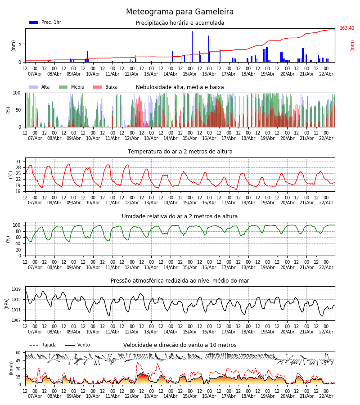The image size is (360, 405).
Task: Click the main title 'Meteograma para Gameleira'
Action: point(180,12)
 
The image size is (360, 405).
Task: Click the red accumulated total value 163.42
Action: point(347,28)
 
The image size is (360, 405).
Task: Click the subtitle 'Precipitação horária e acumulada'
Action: point(180,23)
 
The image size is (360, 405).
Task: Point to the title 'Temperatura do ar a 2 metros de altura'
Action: point(180,152)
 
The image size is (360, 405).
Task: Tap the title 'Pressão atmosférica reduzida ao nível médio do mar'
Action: point(180,281)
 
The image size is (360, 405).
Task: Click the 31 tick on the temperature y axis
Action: point(18,162)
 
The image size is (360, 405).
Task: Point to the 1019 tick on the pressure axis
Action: point(16,289)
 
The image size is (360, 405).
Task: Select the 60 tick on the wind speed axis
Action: point(18,353)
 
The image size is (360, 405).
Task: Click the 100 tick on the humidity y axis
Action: point(17,225)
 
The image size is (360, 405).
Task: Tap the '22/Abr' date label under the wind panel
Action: point(326,396)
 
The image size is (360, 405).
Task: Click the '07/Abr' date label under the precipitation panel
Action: point(35,74)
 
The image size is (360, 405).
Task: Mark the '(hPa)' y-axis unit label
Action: point(7,303)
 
